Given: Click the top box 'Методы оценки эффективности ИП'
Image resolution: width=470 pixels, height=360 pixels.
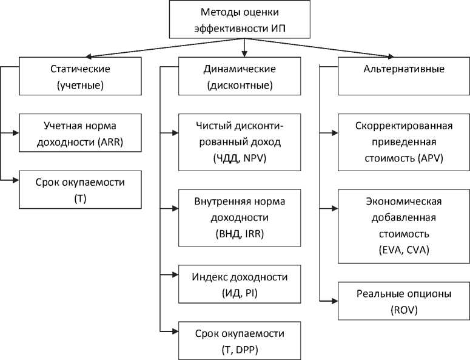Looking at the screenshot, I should coord(244,20).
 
